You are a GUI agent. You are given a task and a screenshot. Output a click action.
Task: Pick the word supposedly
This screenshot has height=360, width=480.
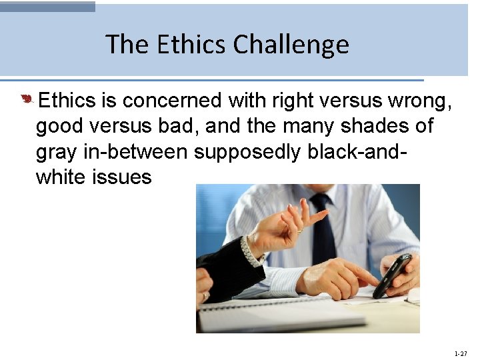247,152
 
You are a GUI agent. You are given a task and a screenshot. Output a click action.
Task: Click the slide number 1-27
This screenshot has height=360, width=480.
460,353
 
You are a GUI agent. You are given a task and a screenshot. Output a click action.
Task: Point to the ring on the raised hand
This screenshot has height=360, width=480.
300,229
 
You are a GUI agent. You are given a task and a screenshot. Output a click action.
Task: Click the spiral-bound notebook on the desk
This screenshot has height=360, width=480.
280,313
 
